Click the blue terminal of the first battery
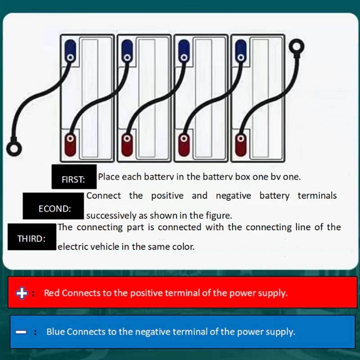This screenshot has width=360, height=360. coord(71,51)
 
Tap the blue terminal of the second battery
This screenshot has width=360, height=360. coord(127,51)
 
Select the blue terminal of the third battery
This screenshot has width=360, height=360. coord(184,51)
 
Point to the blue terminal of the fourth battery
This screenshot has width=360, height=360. coord(241,51)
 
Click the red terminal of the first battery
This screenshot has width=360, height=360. coord(71,145)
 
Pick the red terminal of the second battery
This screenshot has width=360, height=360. coord(127,145)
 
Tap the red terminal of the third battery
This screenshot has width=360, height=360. coord(184,145)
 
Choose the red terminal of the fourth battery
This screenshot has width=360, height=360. coord(241,145)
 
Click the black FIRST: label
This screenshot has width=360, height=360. coord(74,177)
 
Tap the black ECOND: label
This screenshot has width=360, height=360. coord(53,206)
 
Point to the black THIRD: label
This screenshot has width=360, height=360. coord(32,237)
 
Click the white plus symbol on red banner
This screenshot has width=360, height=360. coord(22,293)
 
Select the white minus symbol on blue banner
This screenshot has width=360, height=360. coord(21,332)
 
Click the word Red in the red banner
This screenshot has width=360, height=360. coord(52,293)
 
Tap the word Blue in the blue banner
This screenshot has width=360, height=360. coord(55,332)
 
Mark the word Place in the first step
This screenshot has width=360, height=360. coord(109,177)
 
